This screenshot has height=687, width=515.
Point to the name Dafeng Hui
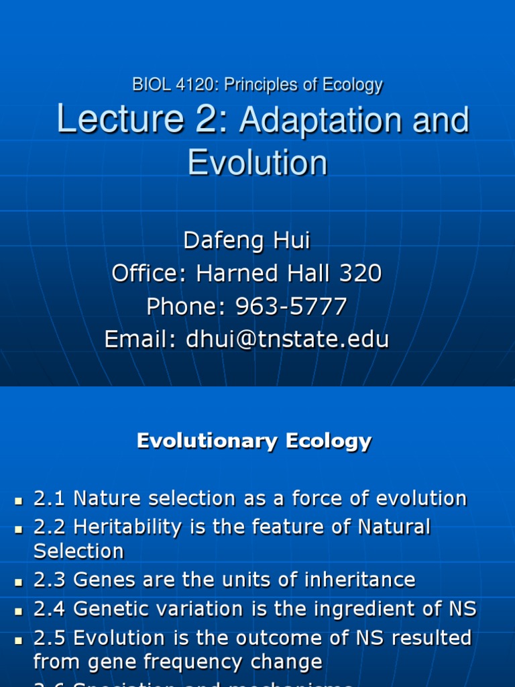(x=247, y=240)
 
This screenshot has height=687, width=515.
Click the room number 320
(x=362, y=273)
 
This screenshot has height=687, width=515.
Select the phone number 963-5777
(x=291, y=307)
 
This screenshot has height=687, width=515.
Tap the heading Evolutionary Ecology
(x=253, y=441)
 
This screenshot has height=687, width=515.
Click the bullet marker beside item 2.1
(x=19, y=500)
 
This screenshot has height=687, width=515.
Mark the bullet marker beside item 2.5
(x=19, y=639)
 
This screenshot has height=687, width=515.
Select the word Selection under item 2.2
(x=78, y=551)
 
